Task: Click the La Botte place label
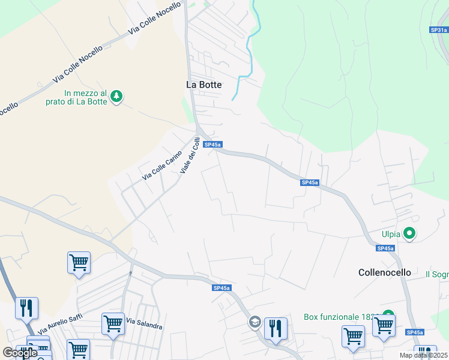pos(204,85)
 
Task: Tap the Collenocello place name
pos(385,272)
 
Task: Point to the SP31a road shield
pos(439,29)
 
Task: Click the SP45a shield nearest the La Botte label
pos(213,145)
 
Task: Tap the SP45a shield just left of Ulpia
pos(385,248)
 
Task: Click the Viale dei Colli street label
pos(190,156)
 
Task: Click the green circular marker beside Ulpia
pos(410,233)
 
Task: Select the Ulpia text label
pos(390,233)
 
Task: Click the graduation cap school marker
pos(255,323)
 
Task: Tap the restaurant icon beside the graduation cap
pos(276,328)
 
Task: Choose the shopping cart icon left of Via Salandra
pos(113,324)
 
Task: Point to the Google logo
pos(20,353)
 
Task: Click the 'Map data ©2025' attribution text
pos(423,355)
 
